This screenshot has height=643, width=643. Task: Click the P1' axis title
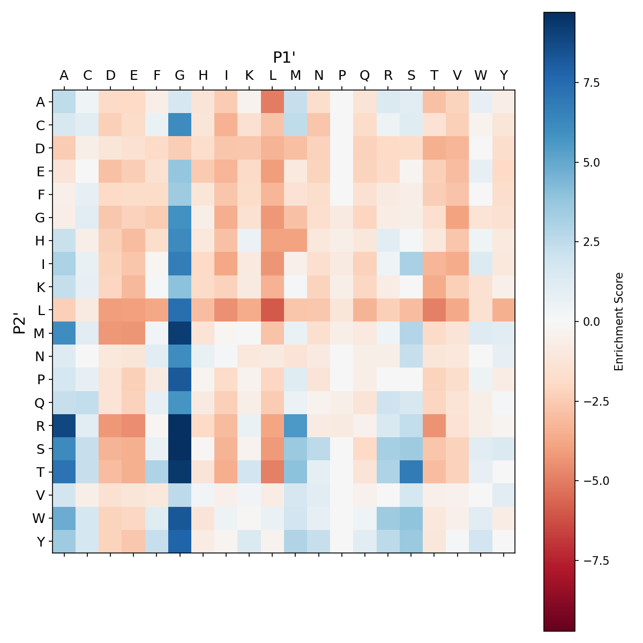[285, 57]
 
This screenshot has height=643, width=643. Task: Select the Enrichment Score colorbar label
[619, 322]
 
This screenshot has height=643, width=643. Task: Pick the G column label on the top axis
[180, 76]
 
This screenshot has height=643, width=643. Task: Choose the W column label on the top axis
[481, 76]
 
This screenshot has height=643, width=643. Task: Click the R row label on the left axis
[40, 425]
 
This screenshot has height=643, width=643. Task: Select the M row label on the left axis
[39, 333]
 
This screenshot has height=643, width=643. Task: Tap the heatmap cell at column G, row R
[180, 425]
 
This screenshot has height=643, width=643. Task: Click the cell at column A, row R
[64, 425]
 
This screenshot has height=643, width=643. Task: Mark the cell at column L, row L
[273, 310]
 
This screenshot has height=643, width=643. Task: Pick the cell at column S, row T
[412, 472]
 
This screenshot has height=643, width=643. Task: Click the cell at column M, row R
[296, 425]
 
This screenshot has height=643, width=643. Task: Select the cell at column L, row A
[273, 102]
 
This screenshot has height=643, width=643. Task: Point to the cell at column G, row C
[180, 125]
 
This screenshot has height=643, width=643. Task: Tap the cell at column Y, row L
[504, 310]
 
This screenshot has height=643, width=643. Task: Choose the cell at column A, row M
[64, 333]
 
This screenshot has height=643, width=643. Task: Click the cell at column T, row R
[435, 425]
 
